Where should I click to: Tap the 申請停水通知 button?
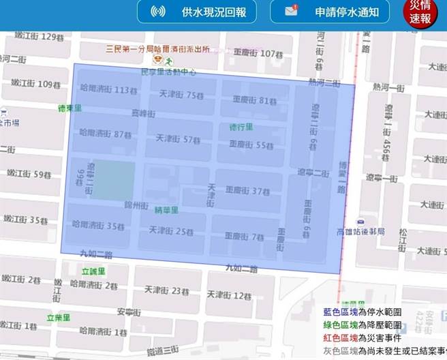coord(330,12)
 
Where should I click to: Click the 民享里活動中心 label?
coord(168,71)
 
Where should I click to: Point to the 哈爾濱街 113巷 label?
coord(104,89)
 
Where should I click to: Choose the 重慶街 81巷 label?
coord(254,100)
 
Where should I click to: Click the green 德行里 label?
coord(241,127)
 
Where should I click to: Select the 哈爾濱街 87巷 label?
coord(105,134)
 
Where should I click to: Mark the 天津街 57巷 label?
coord(178,139)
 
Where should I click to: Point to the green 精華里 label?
coord(167,210)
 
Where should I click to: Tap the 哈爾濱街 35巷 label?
coord(98,226)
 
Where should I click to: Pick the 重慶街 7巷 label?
coord(243,237)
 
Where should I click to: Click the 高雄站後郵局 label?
coord(360,232)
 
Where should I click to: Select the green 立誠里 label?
coord(93,271)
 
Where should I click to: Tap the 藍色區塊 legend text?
coord(339,312)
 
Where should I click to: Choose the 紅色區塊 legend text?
coord(339,337)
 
